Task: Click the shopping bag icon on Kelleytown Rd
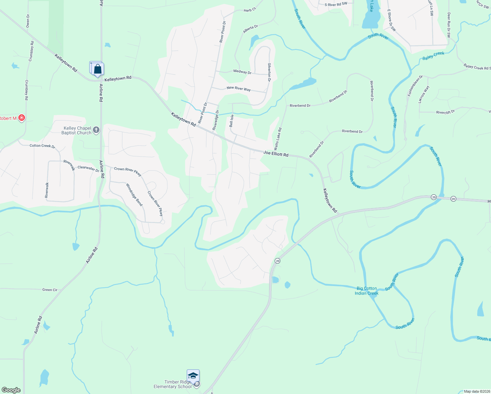pyautogui.click(x=97, y=69)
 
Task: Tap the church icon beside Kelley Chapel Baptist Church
pyautogui.click(x=96, y=130)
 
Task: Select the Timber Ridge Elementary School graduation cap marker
pyautogui.click(x=193, y=376)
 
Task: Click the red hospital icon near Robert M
pyautogui.click(x=22, y=118)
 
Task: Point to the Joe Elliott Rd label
pyautogui.click(x=276, y=154)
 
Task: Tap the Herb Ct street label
pyautogui.click(x=249, y=11)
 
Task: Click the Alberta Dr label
pyautogui.click(x=250, y=29)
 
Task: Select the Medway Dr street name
pyautogui.click(x=242, y=72)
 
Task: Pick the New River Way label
pyautogui.click(x=239, y=89)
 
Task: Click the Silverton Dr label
pyautogui.click(x=269, y=72)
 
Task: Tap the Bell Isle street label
pyautogui.click(x=231, y=121)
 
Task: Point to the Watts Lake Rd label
pyautogui.click(x=278, y=139)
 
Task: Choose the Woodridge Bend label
pyautogui.click(x=135, y=195)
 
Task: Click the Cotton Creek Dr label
pyautogui.click(x=42, y=146)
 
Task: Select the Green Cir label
pyautogui.click(x=50, y=290)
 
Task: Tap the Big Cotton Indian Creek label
pyautogui.click(x=367, y=291)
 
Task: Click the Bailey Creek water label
pyautogui.click(x=433, y=56)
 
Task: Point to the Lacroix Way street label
pyautogui.click(x=424, y=95)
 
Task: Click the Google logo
pyautogui.click(x=11, y=390)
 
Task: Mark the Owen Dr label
pyautogui.click(x=28, y=21)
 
